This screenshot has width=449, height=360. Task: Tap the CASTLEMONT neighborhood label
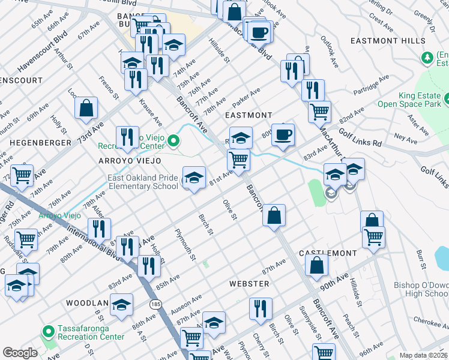[x=328, y=254]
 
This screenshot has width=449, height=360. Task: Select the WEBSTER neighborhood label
[x=249, y=283]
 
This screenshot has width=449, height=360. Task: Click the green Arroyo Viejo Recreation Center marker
[x=173, y=142]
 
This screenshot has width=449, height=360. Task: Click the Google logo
[x=20, y=353]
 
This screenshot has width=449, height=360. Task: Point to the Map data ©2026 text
[x=424, y=355]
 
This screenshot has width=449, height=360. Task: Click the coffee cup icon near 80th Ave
[x=283, y=134]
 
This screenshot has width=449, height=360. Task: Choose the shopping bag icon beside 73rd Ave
[x=86, y=108]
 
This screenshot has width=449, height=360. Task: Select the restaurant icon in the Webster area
[x=260, y=310]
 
